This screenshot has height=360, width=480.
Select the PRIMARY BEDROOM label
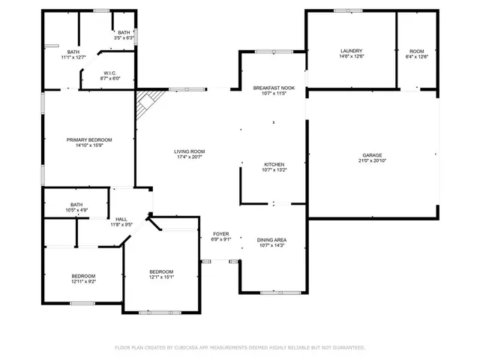coord(89,140)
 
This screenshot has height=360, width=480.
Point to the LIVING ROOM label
coord(190,151)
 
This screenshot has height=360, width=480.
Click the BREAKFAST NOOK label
coord(273,88)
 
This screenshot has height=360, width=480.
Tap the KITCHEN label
coord(273,164)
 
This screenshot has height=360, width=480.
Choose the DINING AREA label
coord(271,240)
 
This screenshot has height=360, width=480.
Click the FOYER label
coord(220,234)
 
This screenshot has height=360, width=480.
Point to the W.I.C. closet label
coord(109,73)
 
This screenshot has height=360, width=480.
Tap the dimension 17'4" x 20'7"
coord(190,157)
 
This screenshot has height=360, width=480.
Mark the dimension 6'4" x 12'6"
coord(415,56)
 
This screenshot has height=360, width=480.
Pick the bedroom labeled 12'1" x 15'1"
coord(160,273)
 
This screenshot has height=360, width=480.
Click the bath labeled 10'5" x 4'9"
coord(76,206)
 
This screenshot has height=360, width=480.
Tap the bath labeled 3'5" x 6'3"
coord(124,34)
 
